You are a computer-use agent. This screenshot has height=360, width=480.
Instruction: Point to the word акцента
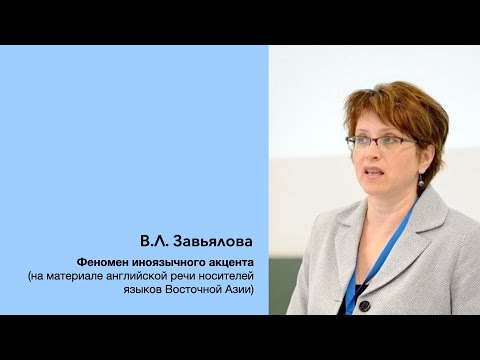244,262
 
